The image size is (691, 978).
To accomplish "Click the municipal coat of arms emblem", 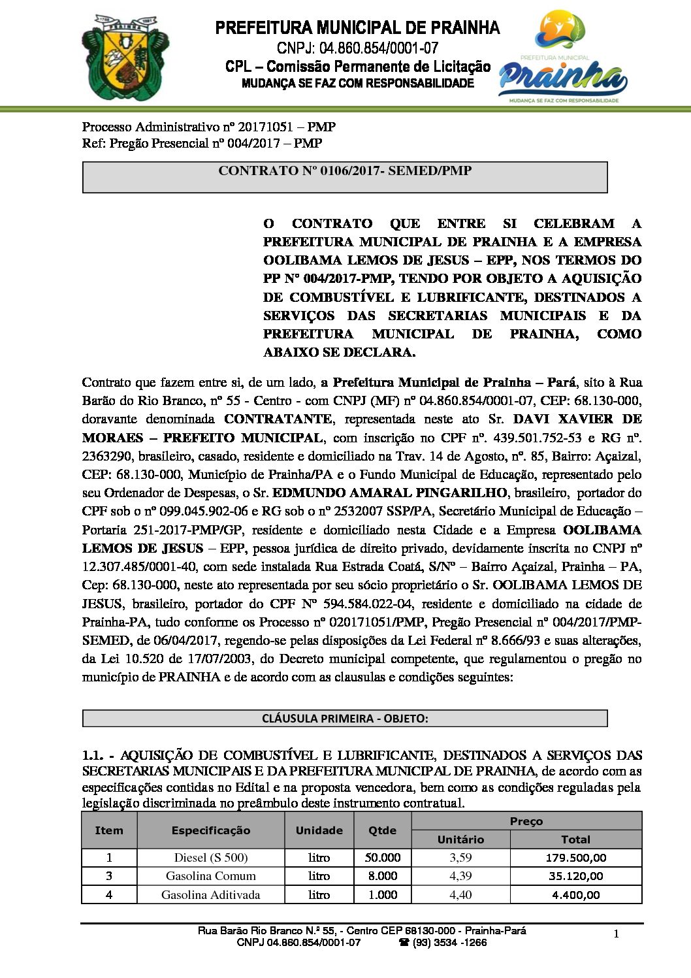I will (125, 57).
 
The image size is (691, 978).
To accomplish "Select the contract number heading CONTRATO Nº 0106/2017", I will (345, 171).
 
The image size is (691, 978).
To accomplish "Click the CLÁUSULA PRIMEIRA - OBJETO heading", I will (345, 719).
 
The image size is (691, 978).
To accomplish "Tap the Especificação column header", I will (210, 830).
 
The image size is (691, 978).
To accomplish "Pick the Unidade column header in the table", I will (319, 830).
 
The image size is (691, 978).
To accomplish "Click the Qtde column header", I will (382, 830).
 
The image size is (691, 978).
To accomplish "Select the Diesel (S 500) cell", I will (210, 858).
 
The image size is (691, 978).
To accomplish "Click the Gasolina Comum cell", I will (210, 876).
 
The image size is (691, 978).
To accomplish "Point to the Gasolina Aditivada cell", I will (210, 895).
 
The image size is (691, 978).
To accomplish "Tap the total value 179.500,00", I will (575, 858).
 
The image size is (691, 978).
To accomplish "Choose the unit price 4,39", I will (460, 876).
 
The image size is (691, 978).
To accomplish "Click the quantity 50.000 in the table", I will (382, 858).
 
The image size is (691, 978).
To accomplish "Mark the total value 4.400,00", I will (575, 895).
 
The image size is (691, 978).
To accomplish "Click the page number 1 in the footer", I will (616, 934).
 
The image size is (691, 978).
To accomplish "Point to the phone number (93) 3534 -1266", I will (448, 943).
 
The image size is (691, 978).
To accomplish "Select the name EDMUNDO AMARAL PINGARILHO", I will (389, 493).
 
